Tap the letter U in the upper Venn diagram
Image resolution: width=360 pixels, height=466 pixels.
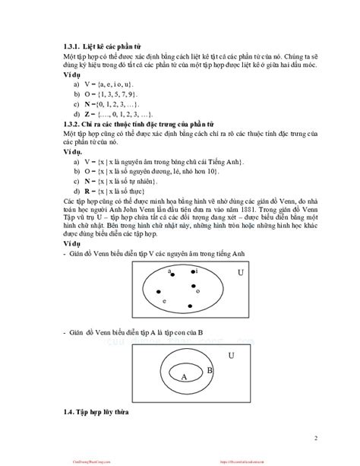click(241, 272)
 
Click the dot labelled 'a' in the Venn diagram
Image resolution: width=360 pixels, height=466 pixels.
click(170, 275)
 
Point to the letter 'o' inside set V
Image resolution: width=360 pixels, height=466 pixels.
click(197, 290)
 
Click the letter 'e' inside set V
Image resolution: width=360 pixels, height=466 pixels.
click(166, 302)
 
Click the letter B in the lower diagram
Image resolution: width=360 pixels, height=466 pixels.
click(210, 370)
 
